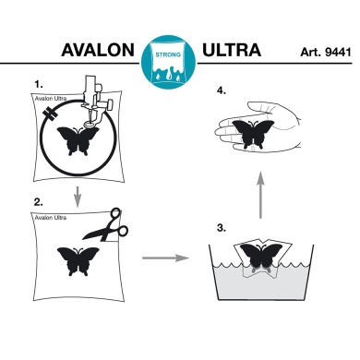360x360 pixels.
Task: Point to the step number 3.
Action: click(219, 225)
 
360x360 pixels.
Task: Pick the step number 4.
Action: click(219, 90)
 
